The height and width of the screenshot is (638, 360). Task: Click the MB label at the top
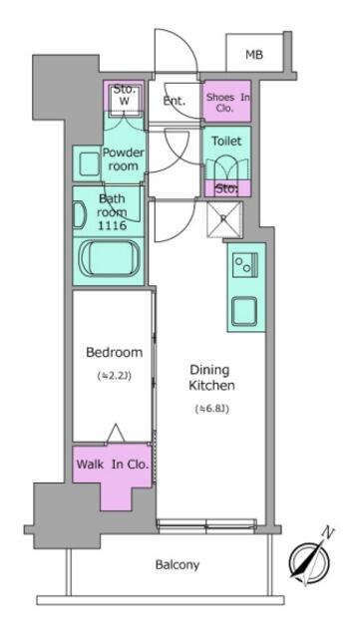[254, 54]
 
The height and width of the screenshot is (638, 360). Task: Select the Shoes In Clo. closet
[226, 101]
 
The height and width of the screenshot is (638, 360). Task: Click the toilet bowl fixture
[226, 167]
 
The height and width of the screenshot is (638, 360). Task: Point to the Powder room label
[123, 159]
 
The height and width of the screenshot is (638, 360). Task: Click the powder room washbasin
[89, 163]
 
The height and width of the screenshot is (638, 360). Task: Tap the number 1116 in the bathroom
[111, 225]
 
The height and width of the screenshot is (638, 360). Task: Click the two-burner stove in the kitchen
[244, 264]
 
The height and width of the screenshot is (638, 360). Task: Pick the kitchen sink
[244, 311]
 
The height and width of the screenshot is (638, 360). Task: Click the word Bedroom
[114, 352]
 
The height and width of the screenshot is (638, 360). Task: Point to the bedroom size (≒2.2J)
[114, 377]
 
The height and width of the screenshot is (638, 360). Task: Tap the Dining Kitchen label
[211, 377]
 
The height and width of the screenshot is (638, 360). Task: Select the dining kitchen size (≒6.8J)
[211, 409]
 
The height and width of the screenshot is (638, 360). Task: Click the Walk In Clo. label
[112, 465]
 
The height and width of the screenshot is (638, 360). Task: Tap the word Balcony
[178, 565]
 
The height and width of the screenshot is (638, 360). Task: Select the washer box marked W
[125, 98]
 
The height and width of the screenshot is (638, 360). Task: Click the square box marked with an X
[224, 219]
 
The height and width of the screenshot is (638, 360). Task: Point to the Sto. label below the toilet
[226, 188]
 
